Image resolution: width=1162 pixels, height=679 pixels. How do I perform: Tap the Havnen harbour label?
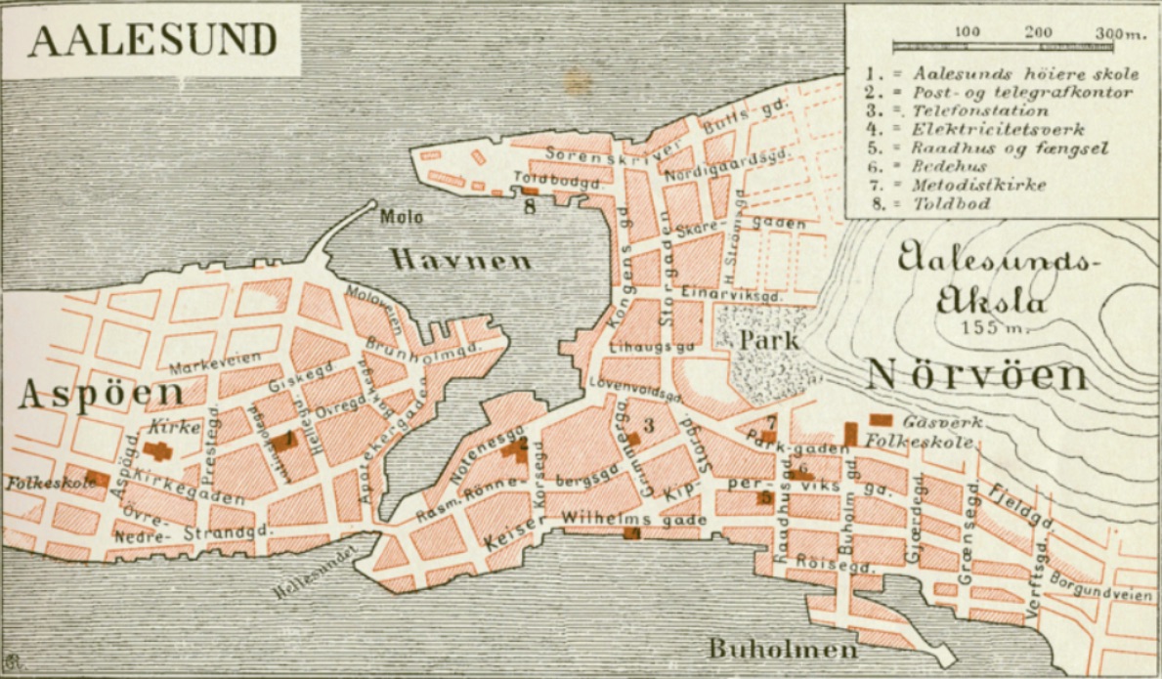461,260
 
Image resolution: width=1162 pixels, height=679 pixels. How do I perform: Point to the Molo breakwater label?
402,218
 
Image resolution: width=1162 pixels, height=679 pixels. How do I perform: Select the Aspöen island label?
101,394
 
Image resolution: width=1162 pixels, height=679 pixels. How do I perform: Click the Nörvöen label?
977,375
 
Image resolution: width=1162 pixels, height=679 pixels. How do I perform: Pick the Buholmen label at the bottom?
783,649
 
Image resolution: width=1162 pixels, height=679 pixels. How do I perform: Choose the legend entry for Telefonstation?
982,110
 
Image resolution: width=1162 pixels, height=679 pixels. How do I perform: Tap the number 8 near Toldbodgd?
530,207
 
